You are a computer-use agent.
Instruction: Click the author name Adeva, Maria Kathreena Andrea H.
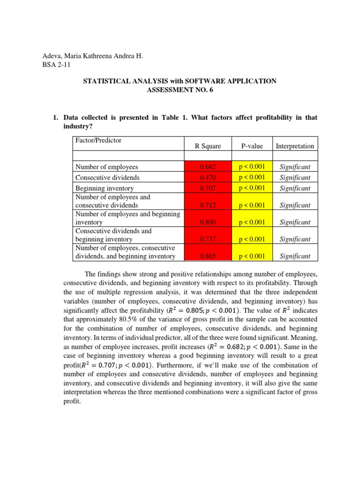(92, 56)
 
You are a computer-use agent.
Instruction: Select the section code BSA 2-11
(56, 65)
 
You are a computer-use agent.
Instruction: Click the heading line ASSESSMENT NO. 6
(180, 90)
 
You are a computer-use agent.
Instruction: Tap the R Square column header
(208, 146)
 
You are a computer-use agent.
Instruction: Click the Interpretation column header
(295, 146)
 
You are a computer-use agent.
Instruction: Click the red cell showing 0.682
(208, 167)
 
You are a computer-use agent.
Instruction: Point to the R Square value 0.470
(208, 178)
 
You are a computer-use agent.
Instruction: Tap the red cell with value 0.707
(208, 188)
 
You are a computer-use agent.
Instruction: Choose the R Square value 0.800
(208, 222)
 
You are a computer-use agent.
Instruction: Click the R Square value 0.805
(208, 256)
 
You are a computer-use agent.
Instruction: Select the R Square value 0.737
(208, 239)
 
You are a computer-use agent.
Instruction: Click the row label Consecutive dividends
(107, 178)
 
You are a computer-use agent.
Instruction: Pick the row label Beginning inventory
(104, 188)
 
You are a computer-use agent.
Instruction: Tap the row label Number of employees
(107, 167)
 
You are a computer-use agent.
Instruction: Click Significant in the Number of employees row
(295, 167)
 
